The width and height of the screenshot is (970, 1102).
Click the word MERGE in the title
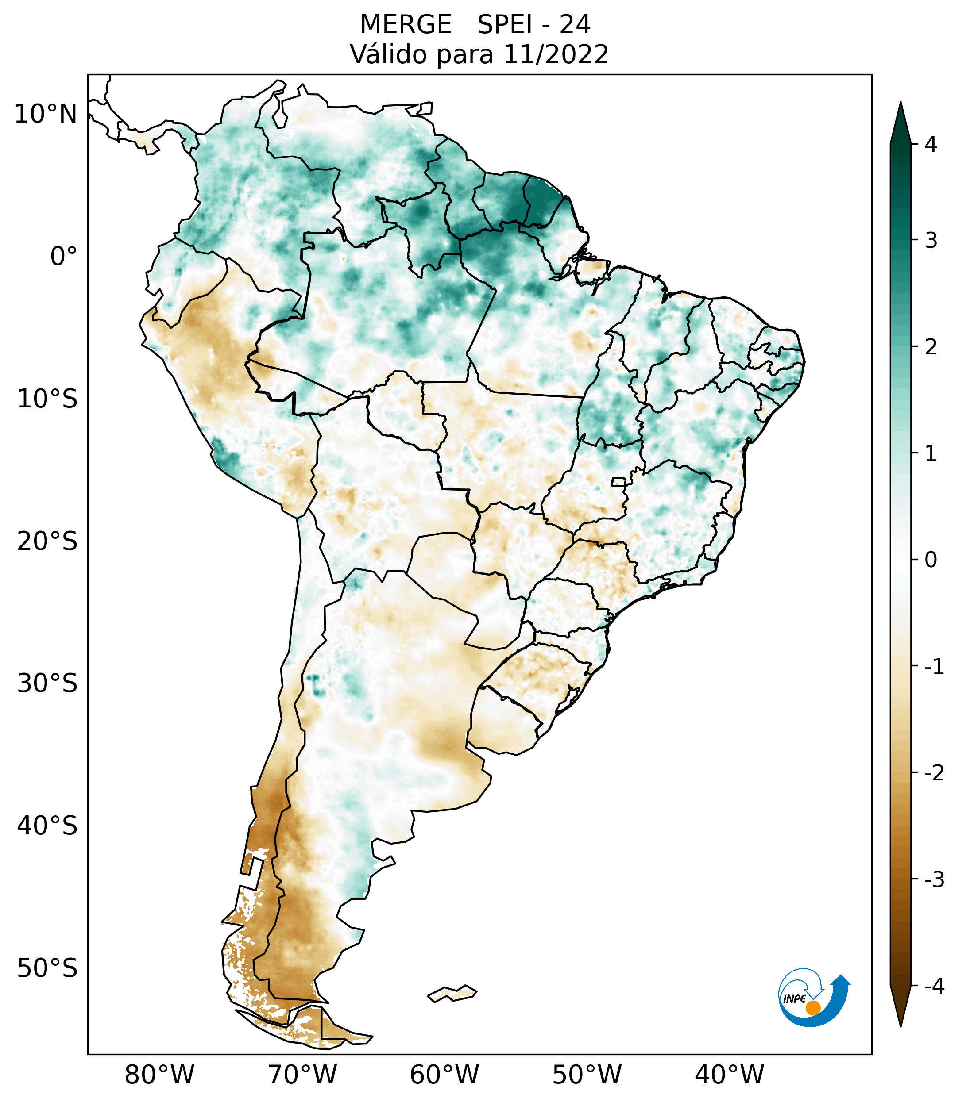405,25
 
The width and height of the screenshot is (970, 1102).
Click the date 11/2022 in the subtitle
556,54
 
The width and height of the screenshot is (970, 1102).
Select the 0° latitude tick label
64,257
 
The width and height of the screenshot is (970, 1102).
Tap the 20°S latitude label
47,541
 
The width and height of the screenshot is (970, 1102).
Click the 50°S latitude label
47,969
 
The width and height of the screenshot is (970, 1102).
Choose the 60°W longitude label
444,1075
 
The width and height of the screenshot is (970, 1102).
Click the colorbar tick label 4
931,145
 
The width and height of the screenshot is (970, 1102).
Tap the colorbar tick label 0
931,560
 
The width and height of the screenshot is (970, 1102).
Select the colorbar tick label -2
934,774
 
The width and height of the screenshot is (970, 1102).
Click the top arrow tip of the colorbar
900,104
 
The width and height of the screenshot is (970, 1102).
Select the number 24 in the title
575,25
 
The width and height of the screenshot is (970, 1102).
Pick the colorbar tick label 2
931,347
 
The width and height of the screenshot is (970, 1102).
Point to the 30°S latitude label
47,683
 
